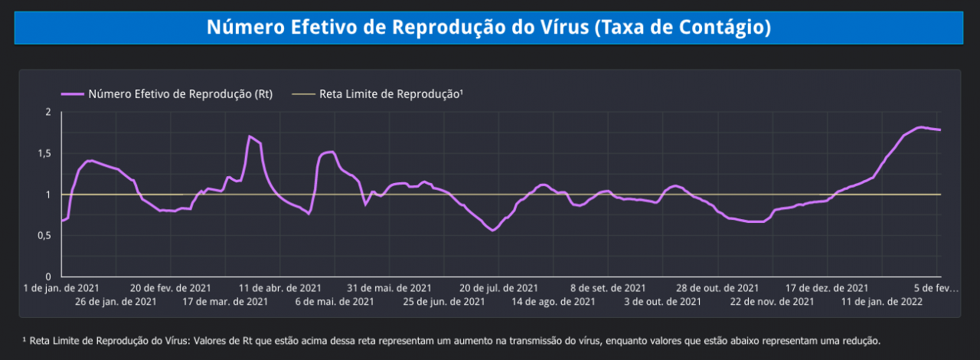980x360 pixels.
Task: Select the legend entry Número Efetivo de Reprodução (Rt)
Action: (180, 94)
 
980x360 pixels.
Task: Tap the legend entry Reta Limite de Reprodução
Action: (391, 94)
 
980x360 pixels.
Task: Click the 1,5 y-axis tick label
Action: (44, 153)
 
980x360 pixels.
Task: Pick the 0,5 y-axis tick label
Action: (44, 236)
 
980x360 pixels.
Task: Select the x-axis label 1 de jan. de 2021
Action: (61, 288)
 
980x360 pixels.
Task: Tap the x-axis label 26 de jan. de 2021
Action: (116, 302)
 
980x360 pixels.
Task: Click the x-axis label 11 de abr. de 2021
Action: (280, 288)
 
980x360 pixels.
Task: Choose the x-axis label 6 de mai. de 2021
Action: (335, 302)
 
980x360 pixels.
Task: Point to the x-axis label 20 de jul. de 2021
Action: (498, 288)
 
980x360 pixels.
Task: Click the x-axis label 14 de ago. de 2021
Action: (554, 302)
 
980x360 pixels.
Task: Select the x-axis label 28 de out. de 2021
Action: (717, 288)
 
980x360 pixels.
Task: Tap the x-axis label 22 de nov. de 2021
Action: (772, 302)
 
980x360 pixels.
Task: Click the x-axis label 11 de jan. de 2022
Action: (881, 302)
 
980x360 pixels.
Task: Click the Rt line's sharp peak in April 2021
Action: (250, 136)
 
